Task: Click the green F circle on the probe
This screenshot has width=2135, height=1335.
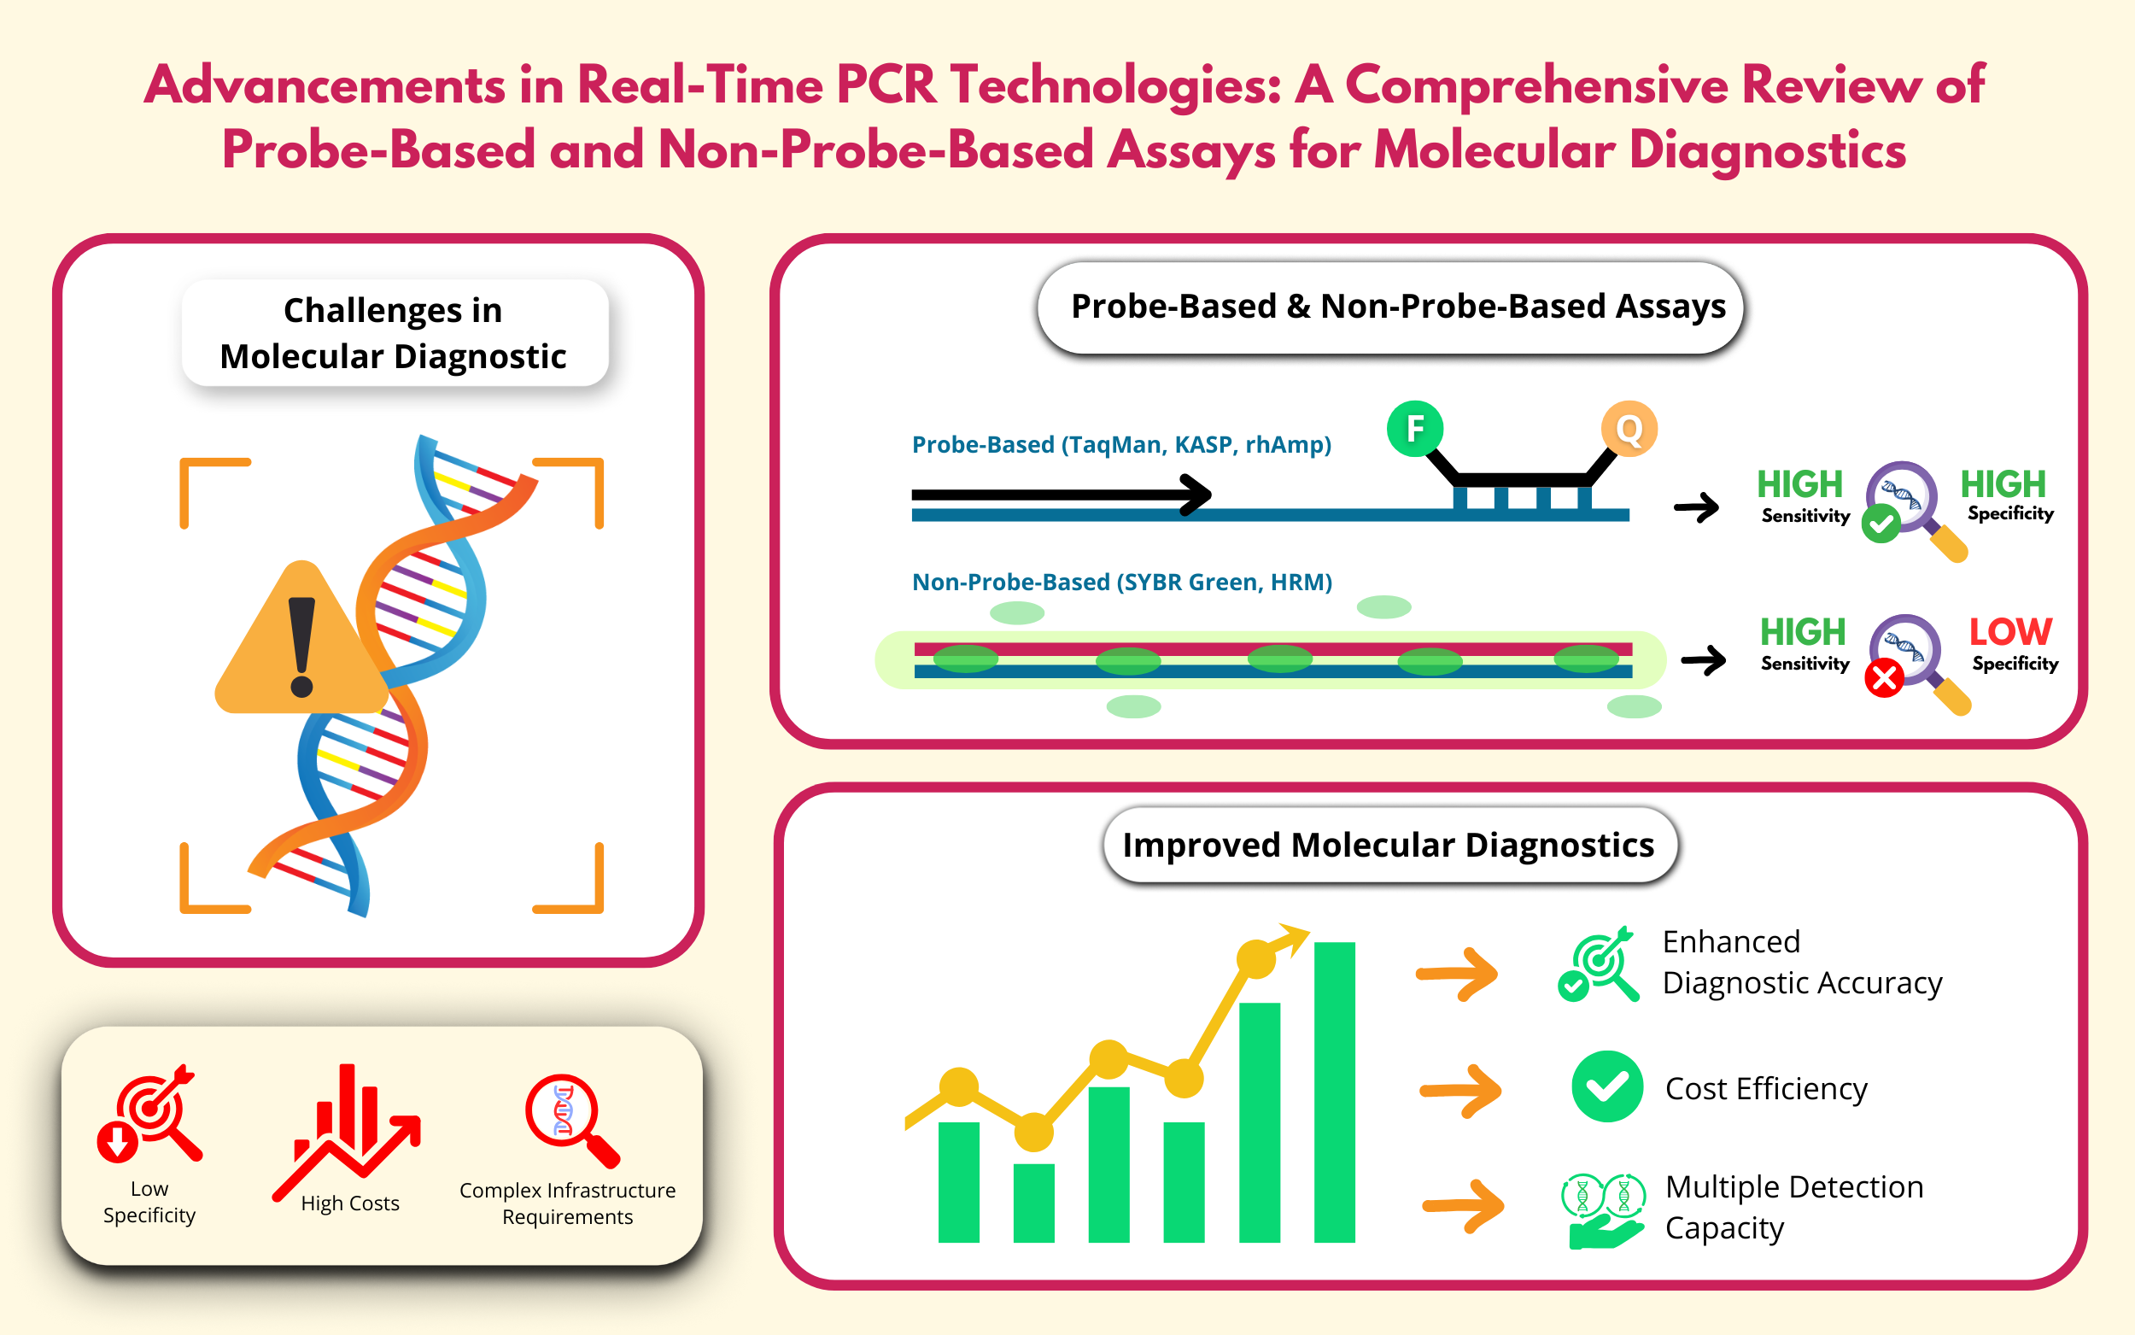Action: point(1415,428)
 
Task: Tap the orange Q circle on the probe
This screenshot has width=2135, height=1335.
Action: point(1629,429)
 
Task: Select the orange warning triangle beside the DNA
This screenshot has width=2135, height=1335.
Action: point(302,637)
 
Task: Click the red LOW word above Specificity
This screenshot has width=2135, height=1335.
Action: point(2010,631)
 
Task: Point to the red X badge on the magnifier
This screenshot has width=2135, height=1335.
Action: point(1884,678)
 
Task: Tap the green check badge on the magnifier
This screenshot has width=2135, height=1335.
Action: point(1881,524)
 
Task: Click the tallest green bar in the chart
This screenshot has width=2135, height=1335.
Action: point(1335,1092)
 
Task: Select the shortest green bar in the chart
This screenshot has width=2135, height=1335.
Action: point(1033,1203)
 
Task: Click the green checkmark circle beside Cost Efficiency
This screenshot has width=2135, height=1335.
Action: point(1607,1087)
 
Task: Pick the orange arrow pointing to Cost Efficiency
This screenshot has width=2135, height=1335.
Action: point(1460,1092)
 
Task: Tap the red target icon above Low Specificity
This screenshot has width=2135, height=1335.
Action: point(149,1112)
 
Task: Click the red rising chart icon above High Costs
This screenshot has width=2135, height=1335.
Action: point(347,1133)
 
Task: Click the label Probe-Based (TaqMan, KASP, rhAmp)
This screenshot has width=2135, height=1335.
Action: point(1122,444)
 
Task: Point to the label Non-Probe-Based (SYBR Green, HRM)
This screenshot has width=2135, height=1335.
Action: point(1122,582)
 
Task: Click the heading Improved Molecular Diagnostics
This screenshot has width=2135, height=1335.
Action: point(1389,845)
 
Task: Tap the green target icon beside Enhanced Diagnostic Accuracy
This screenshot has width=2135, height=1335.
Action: point(1599,964)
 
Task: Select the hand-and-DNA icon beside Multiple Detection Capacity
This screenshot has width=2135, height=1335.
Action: point(1604,1210)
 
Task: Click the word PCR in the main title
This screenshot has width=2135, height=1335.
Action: point(886,85)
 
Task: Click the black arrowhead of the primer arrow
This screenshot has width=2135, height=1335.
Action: point(1196,495)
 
